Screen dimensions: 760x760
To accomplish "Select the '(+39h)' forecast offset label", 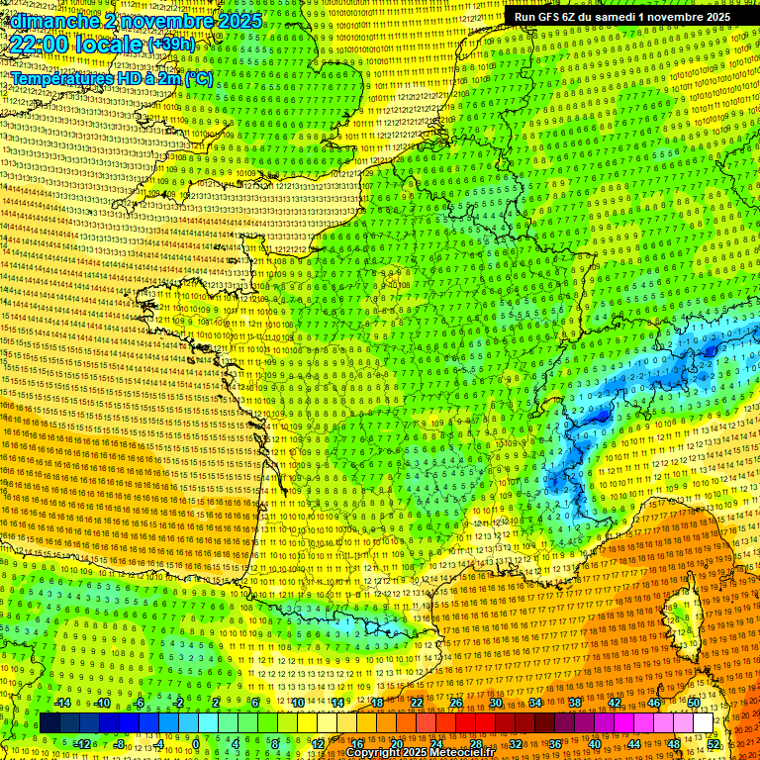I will click(171, 45).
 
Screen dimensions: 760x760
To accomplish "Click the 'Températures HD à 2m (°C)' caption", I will click(112, 78).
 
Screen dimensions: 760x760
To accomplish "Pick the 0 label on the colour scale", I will click(196, 743).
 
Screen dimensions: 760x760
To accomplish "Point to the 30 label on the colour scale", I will click(495, 703).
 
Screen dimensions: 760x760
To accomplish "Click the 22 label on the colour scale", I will click(417, 703).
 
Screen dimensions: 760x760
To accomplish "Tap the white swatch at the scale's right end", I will click(703, 723).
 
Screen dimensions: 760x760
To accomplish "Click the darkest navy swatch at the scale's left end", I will click(49, 723).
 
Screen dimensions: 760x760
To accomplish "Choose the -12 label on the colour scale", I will click(82, 743).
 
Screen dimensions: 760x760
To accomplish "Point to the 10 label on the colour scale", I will click(298, 703).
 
